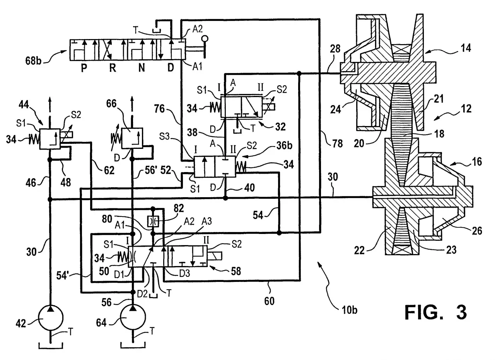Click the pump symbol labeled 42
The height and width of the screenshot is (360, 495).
[x=51, y=317]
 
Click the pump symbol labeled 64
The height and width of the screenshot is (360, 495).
[x=133, y=317]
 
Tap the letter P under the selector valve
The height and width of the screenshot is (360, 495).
[x=84, y=68]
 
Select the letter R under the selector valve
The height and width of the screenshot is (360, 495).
[x=113, y=68]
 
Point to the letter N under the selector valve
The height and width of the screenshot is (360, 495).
[x=142, y=68]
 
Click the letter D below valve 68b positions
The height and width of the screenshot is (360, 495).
[x=171, y=68]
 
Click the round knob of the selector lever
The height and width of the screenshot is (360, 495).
[x=205, y=39]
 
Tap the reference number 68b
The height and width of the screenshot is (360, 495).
[x=33, y=60]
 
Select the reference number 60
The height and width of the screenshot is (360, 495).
[x=269, y=301]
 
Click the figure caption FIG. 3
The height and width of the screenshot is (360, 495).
[x=435, y=312]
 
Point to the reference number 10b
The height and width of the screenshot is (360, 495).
[x=349, y=310]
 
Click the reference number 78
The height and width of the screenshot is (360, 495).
[x=338, y=143]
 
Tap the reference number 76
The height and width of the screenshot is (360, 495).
[x=159, y=109]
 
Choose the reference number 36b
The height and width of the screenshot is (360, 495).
[x=284, y=145]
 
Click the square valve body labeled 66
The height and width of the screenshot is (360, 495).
[x=132, y=138]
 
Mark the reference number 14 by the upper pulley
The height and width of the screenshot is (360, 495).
[x=465, y=48]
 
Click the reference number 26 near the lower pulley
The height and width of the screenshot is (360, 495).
[x=477, y=231]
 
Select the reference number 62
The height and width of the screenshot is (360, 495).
[x=109, y=170]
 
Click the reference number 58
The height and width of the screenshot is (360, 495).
[x=236, y=271]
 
